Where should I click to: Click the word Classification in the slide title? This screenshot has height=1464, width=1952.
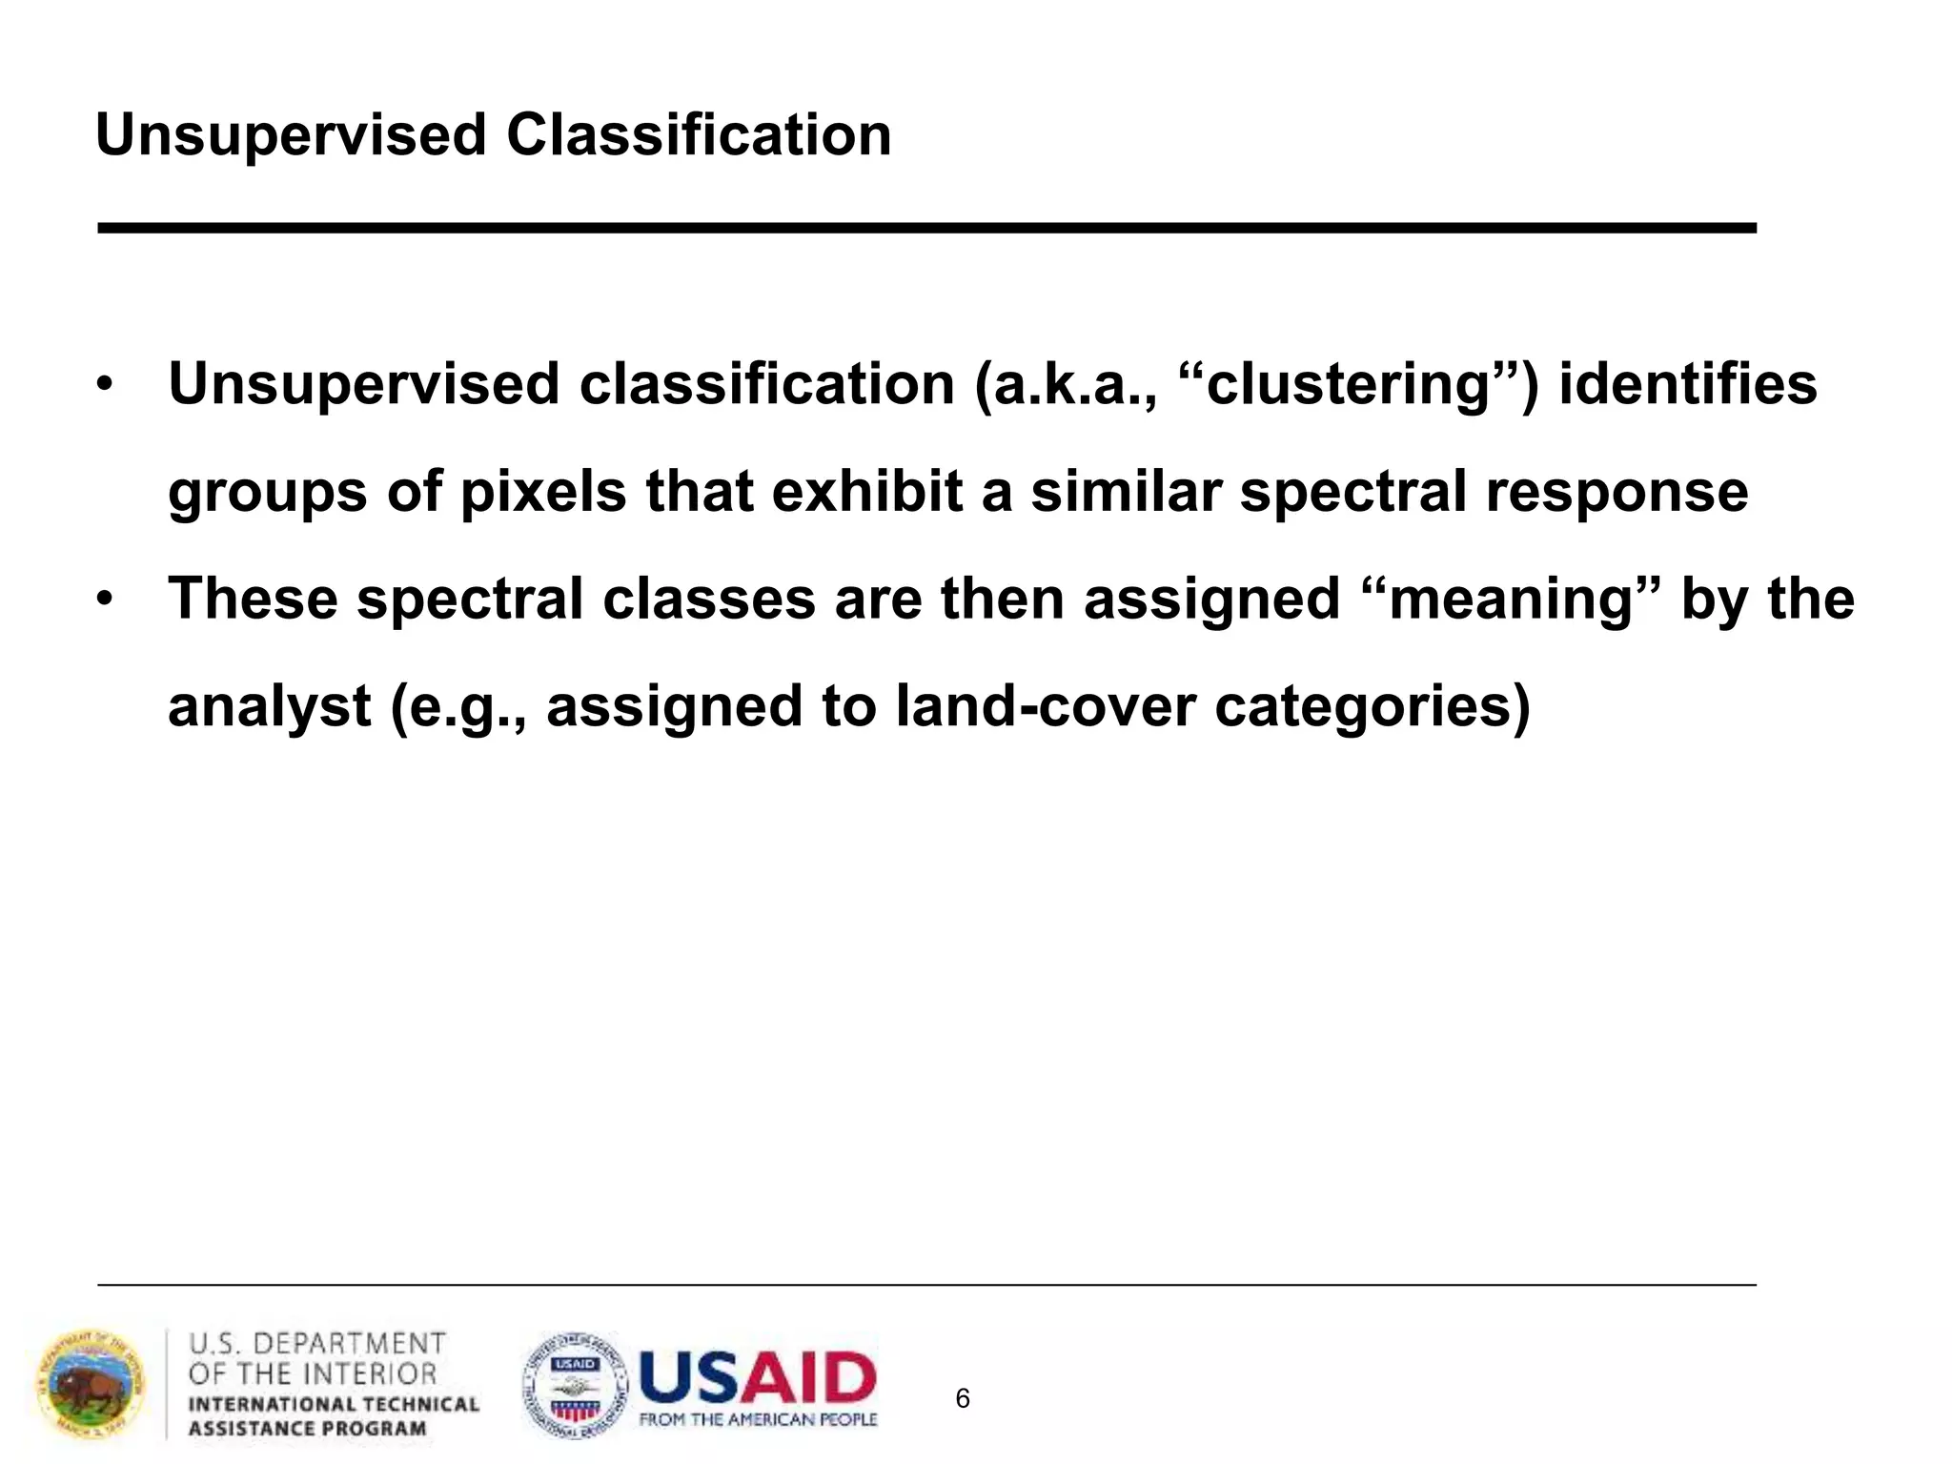(699, 135)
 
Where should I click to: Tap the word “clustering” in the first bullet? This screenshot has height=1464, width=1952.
(1353, 384)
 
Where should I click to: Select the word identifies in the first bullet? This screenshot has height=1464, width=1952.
(1688, 384)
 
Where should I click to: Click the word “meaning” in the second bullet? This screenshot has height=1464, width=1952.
(1515, 600)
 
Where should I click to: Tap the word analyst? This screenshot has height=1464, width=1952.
(270, 707)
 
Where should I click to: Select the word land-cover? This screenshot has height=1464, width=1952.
(1045, 707)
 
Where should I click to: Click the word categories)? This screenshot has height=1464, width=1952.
(1372, 707)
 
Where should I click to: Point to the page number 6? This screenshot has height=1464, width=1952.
(963, 1399)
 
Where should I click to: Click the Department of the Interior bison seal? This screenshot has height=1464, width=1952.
(91, 1386)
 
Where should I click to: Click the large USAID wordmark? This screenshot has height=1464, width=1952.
(758, 1376)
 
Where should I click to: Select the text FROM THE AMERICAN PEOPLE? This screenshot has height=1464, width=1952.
(758, 1420)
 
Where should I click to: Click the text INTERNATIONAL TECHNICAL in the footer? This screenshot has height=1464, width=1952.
(334, 1405)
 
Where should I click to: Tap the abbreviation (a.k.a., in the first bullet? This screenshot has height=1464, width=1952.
(1066, 384)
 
